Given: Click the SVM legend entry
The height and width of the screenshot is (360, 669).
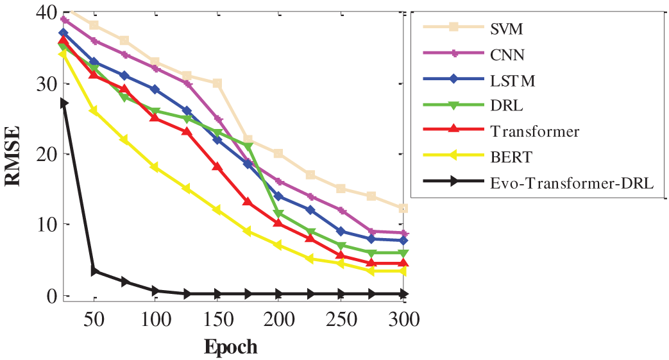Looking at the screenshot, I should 505,28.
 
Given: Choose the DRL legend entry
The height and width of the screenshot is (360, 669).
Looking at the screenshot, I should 505,106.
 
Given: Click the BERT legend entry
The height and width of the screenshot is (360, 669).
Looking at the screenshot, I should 511,157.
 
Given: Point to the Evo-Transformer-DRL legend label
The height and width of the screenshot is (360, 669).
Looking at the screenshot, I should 571,183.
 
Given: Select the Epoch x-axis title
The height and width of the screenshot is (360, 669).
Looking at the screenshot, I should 231,347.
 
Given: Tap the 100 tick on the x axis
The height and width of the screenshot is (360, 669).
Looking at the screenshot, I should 156,319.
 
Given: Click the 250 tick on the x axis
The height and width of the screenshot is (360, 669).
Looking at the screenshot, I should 341,319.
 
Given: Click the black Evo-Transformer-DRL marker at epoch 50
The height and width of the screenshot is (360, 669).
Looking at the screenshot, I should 95,271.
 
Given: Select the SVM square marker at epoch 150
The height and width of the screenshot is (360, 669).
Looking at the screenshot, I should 217,83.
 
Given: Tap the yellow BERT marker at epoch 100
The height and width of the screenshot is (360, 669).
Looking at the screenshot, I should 155,167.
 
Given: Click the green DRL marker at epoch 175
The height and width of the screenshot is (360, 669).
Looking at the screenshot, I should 248,146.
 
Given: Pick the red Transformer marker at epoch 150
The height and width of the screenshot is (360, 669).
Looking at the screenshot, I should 217,167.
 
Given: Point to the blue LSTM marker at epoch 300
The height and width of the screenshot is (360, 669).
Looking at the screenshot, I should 403,241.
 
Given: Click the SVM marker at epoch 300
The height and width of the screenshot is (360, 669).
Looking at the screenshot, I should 403,208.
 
